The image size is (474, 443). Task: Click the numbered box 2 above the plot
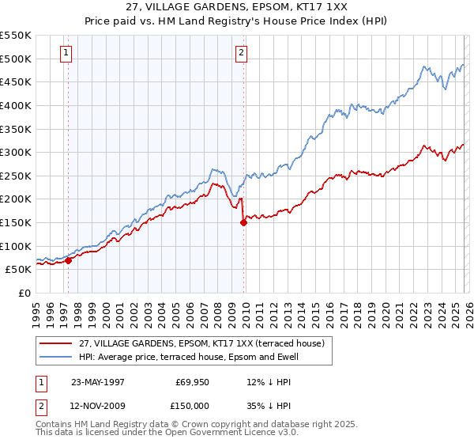(240, 54)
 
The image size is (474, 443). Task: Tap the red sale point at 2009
(243, 223)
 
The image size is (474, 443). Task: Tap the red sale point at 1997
(69, 260)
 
